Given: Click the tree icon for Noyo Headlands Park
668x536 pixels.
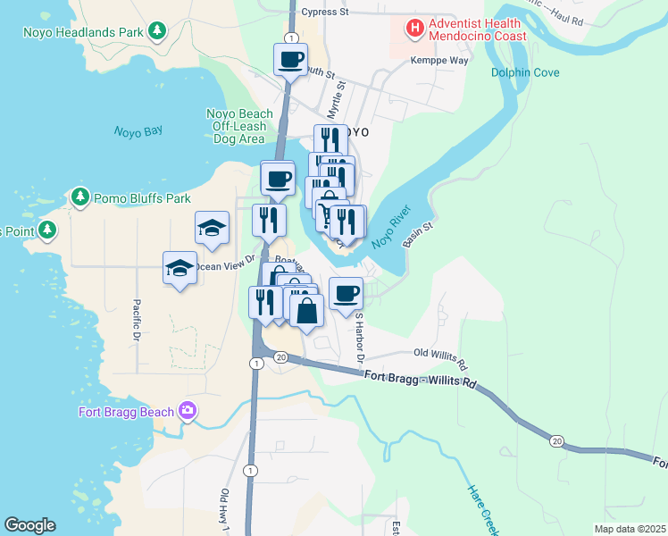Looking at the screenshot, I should (157, 32).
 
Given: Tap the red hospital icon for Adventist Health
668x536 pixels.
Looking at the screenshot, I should (414, 29).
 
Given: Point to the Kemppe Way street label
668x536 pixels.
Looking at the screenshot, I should (438, 61).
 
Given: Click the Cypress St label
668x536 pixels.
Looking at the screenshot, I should (324, 13).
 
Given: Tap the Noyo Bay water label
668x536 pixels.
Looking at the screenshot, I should (138, 130).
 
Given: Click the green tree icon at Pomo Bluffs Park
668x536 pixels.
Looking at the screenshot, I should (80, 197).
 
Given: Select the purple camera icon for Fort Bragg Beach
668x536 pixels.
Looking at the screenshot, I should (187, 411).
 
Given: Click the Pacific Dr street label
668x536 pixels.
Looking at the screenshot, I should (137, 321).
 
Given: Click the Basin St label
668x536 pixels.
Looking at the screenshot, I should (417, 235).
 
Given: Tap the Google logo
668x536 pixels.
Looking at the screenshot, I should (29, 525).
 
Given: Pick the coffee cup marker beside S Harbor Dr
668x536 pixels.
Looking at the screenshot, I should (346, 293).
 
